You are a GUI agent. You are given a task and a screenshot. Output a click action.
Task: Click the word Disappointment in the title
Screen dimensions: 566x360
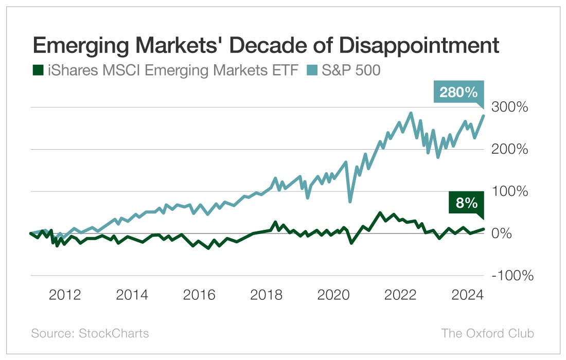coord(419,46)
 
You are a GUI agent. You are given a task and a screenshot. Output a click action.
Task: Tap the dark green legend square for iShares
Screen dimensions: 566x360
coord(38,70)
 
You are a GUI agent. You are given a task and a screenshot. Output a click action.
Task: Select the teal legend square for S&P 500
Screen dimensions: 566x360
coord(312,70)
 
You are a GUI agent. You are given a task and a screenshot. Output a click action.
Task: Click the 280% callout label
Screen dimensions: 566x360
coord(458,93)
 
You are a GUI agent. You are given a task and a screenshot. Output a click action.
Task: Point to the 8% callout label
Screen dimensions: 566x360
coord(466,203)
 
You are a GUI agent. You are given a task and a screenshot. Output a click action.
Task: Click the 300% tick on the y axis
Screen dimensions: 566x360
coord(509,107)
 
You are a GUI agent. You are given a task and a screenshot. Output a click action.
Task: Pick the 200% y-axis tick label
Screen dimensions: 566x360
coord(509,149)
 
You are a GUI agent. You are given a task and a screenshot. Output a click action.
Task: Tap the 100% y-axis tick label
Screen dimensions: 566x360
coord(510,191)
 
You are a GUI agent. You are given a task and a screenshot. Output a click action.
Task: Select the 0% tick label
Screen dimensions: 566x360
coord(501,233)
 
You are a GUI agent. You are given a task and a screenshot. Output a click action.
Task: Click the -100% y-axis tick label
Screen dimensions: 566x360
coord(512,276)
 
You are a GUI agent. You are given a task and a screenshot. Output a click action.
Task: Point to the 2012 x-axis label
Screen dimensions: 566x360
coord(65,295)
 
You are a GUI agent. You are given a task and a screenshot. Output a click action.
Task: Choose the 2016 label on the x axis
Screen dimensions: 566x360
coord(199,295)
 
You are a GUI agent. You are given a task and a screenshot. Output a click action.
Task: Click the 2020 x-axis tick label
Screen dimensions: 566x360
coord(333,295)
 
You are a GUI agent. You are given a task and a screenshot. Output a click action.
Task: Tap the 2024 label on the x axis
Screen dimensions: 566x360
coord(467,295)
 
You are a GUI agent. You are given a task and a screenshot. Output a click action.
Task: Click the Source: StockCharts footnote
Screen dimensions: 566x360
coord(90,333)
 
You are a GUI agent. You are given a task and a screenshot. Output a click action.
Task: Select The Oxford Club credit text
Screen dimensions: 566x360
coord(487,333)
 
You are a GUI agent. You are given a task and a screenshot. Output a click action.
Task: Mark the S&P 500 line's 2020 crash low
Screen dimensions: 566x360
coord(350,201)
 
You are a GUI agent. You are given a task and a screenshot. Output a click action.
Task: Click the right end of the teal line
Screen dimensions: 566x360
coord(484,115)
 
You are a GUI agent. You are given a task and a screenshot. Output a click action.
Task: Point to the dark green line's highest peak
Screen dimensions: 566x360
coord(379,213)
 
